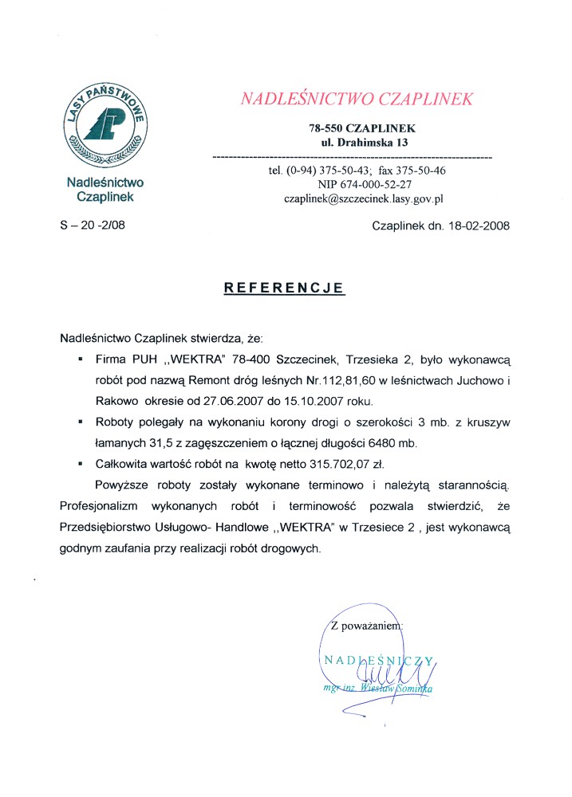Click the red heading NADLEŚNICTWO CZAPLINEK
point(357,99)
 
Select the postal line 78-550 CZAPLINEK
point(362,128)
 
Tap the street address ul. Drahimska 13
point(364,143)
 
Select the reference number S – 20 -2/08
point(93,226)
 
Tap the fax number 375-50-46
point(416,171)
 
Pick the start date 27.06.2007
point(243,399)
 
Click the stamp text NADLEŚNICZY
point(378,659)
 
